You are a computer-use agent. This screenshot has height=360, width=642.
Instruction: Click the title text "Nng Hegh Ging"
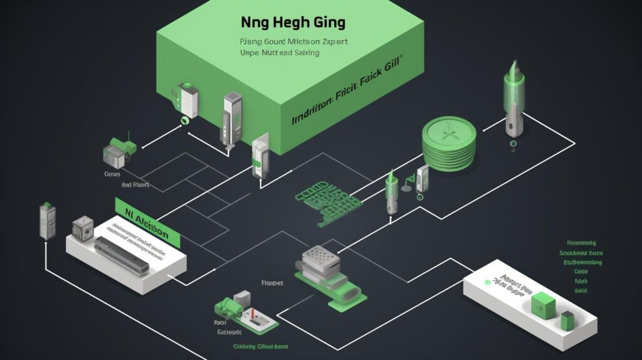(x=293, y=23)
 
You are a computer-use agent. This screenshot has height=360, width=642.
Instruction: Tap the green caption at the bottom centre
(x=260, y=346)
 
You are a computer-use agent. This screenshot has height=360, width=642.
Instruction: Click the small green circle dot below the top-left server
(x=184, y=119)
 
